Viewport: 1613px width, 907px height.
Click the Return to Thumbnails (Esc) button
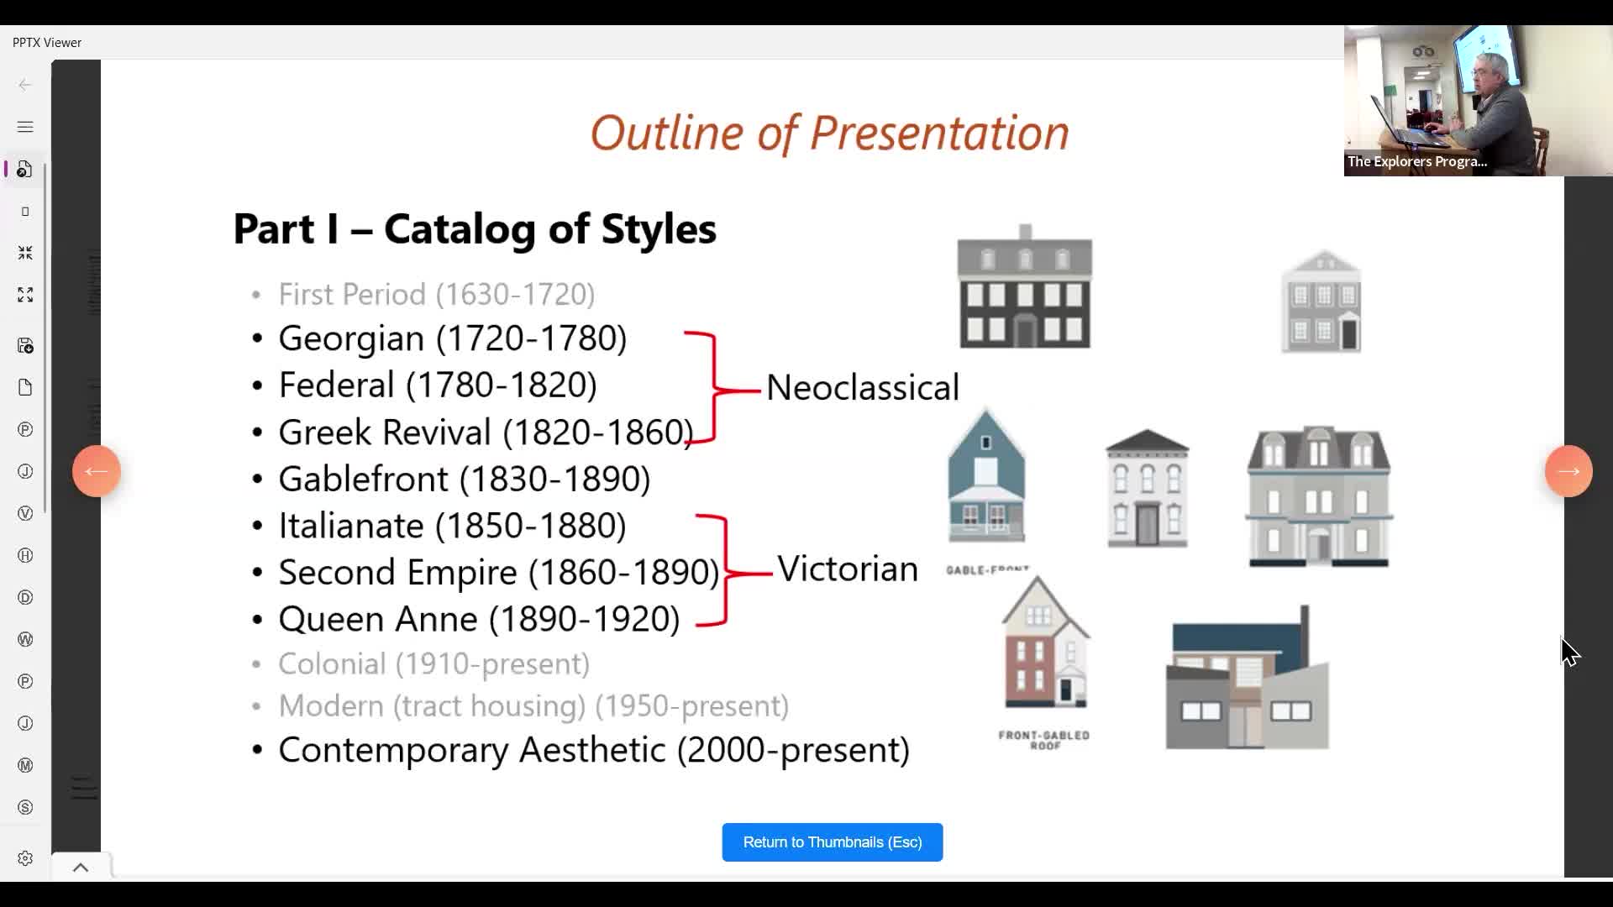tap(832, 842)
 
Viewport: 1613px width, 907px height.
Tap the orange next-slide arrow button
tap(1568, 471)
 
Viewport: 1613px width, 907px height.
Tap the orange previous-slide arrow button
tap(97, 471)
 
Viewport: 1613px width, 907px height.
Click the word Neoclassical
tap(862, 388)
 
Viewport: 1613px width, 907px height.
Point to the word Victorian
tap(847, 569)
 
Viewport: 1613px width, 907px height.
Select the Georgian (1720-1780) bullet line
tap(452, 338)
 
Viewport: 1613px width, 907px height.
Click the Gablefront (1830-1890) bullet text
tap(464, 479)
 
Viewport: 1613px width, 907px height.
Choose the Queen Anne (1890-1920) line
tap(479, 619)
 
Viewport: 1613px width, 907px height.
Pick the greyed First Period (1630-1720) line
tap(436, 295)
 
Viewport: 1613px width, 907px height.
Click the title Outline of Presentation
tap(829, 133)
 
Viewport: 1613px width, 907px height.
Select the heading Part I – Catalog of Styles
tap(475, 228)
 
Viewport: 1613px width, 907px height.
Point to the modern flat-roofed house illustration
tap(1247, 680)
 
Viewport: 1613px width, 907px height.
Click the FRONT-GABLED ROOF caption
tap(1043, 740)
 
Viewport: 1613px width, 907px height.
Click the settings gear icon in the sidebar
tap(25, 858)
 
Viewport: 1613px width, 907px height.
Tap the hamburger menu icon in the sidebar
tap(25, 127)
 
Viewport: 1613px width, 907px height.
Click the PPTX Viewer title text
tap(47, 43)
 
